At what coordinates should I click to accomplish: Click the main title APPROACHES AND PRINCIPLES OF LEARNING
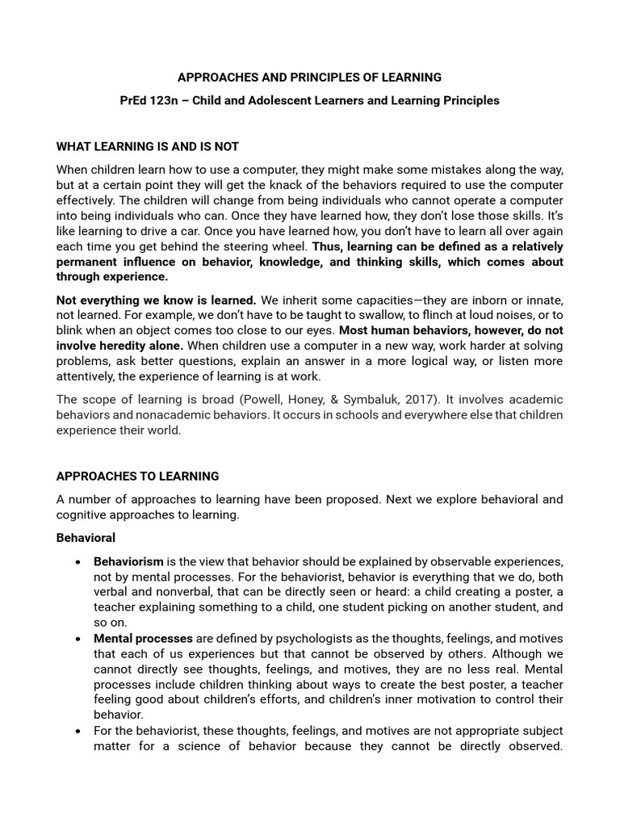click(309, 78)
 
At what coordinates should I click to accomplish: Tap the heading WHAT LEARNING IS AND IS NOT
click(148, 146)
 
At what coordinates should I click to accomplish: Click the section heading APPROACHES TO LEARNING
click(137, 476)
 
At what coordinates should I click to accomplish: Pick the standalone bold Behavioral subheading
click(86, 538)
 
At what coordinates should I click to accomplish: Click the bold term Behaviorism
click(128, 561)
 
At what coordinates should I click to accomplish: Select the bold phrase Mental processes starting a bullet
click(143, 639)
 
